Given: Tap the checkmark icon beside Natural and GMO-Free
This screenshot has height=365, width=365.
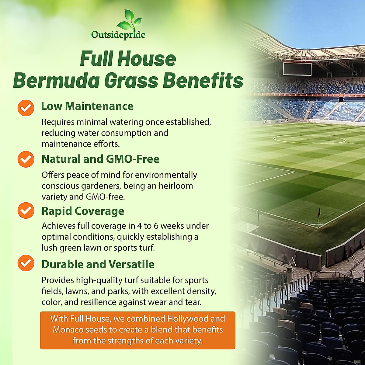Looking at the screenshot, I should tap(26, 159).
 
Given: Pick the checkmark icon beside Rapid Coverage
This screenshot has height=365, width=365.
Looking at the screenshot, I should tap(26, 210).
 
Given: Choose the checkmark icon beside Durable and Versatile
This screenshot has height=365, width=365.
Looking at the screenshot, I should tap(26, 263).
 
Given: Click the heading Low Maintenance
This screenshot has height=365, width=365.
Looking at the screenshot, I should tap(87, 106).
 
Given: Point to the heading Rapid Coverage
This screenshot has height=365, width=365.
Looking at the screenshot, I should tap(83, 211).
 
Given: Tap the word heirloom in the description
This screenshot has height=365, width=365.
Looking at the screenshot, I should tap(176, 186).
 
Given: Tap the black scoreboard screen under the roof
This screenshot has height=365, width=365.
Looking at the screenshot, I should tap(297, 69).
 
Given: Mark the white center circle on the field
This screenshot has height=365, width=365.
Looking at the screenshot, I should tap(309, 139).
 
